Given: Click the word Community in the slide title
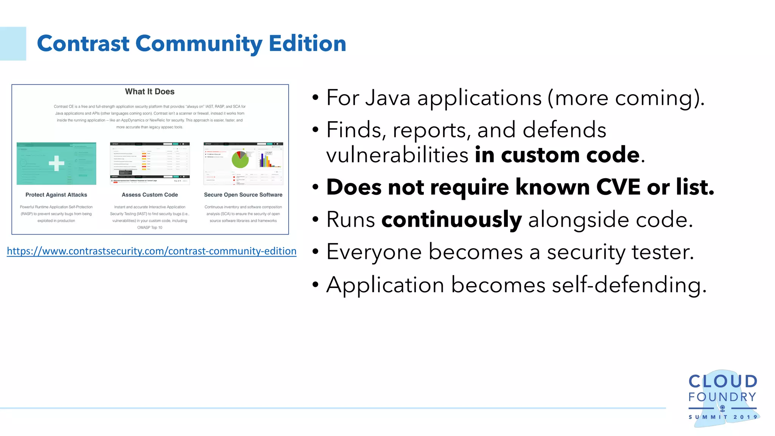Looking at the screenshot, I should pos(198,44).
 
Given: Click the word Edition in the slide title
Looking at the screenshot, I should pos(307,43).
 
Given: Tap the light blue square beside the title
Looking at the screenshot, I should pos(13,44).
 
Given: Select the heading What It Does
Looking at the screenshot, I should pos(150,92).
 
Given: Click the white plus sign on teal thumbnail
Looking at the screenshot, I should pos(56,163).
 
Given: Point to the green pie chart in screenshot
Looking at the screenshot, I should pos(240,160).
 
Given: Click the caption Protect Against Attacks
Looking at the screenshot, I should pos(56,195).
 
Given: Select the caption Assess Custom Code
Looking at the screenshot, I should pos(150,195).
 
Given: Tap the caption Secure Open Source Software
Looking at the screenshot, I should pos(243,195).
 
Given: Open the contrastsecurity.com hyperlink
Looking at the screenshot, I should pos(151,251).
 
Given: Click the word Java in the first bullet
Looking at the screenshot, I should pos(388,98).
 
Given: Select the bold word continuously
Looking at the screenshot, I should pos(451,220).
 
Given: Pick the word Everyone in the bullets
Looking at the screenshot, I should pos(374,252).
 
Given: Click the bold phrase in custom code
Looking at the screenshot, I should pos(557,155).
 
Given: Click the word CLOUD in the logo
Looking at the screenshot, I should pos(722,381).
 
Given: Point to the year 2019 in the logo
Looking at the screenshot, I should pos(745,417).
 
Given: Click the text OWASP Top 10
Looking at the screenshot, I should pos(150,227).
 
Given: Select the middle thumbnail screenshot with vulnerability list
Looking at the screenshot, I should pos(150,163).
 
